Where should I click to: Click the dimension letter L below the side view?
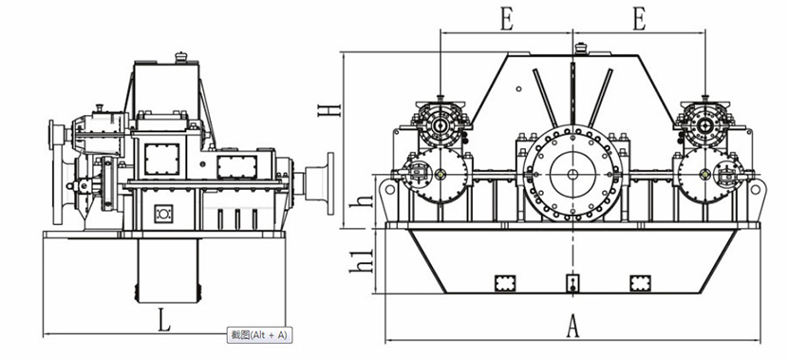[x=164, y=321]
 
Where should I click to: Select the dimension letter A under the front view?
[x=572, y=326]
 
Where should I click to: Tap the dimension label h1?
[x=363, y=261]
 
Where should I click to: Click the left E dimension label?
[x=507, y=20]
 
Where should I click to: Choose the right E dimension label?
[x=639, y=20]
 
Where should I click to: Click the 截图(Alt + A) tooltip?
[x=259, y=335]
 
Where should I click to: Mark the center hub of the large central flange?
[x=572, y=175]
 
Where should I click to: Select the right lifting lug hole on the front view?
[x=755, y=190]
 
